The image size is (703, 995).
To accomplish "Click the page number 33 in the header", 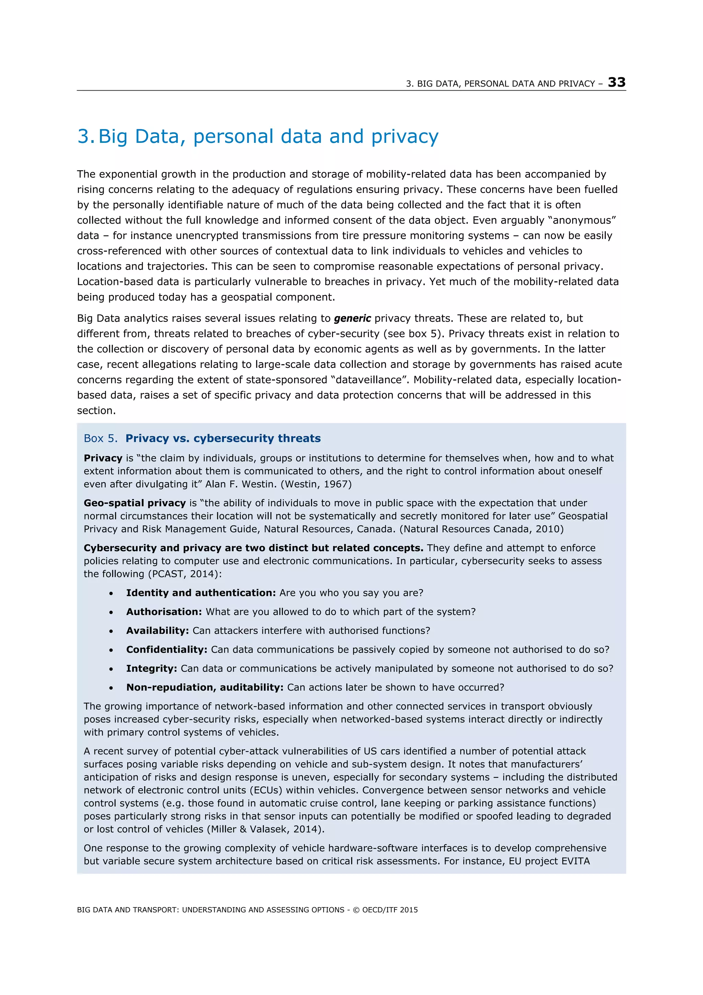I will pyautogui.click(x=616, y=82).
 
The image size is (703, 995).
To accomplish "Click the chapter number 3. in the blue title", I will pyautogui.click(x=85, y=136).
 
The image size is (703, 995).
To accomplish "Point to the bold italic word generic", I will pyautogui.click(x=352, y=318).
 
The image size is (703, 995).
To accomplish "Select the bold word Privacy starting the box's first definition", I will pyautogui.click(x=103, y=458).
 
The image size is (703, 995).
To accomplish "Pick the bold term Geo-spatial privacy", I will pyautogui.click(x=135, y=503).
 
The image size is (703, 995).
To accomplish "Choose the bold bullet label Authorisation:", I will pyautogui.click(x=164, y=612).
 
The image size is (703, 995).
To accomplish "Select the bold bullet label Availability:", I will pyautogui.click(x=157, y=631).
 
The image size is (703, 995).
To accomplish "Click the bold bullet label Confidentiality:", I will pyautogui.click(x=167, y=649).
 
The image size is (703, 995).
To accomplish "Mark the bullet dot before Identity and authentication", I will pyautogui.click(x=111, y=593).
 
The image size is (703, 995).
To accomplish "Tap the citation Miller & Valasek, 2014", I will pyautogui.click(x=265, y=829).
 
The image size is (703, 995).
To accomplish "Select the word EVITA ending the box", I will pyautogui.click(x=575, y=861).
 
